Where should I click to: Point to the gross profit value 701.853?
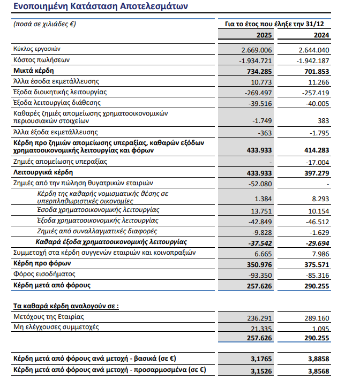[314, 71]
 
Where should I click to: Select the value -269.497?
[258, 92]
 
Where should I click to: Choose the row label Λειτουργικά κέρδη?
[42, 172]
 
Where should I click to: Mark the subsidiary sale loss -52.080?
[258, 184]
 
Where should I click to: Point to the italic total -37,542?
[258, 242]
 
